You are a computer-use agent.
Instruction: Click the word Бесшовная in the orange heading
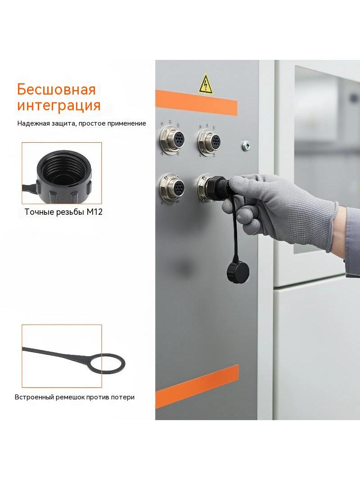pyautogui.click(x=56, y=90)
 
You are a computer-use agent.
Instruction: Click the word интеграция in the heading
pyautogui.click(x=59, y=105)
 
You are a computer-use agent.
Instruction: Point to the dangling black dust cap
pyautogui.click(x=238, y=270)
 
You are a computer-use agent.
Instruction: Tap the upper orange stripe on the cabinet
pyautogui.click(x=196, y=103)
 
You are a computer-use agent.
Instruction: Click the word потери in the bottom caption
pyautogui.click(x=125, y=397)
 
